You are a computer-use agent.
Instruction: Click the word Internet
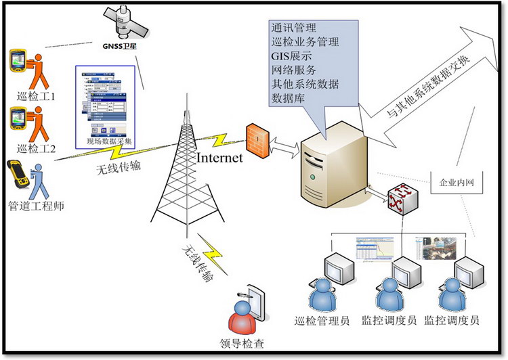click(219, 158)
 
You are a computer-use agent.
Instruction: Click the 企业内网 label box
click(453, 183)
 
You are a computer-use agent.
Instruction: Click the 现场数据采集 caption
click(110, 141)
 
